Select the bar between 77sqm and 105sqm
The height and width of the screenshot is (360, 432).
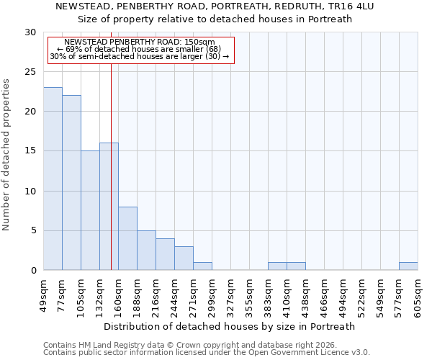tap(71, 183)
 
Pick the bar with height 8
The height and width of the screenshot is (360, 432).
tap(127, 238)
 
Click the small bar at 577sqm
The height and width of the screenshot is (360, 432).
tap(408, 266)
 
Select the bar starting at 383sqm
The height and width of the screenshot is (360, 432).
tap(277, 266)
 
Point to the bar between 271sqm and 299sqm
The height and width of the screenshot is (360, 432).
tap(202, 266)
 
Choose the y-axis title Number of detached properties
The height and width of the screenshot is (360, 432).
tap(7, 155)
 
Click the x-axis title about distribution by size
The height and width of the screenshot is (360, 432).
tap(230, 326)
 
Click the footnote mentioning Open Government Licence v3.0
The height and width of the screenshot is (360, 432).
tap(207, 352)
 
